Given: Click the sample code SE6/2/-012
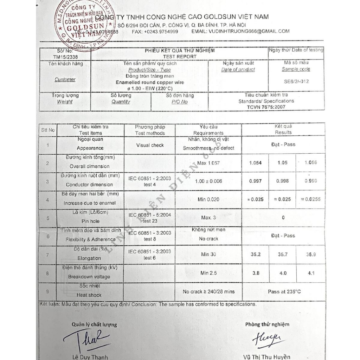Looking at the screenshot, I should coord(296,81).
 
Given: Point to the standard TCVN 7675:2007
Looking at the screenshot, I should coord(266,107).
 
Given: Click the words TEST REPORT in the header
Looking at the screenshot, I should coord(180,56).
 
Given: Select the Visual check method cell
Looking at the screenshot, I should coord(150,145).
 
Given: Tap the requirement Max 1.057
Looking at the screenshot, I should coord(208,163).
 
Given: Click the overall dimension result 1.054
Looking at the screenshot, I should coord(255,163).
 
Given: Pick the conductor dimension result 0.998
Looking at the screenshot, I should coord(282,181).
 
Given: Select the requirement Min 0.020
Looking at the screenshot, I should coord(208,199).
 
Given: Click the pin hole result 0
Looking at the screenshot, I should coord(283,218).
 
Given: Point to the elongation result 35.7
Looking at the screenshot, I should coord(282,254).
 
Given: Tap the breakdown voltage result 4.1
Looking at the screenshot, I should coord(311,273).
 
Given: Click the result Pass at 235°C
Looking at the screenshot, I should coord(284,291).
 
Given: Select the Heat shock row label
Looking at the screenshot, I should coord(89,295).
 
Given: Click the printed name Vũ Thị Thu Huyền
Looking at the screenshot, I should coord(267,357).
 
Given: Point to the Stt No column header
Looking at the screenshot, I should coord(48,130).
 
